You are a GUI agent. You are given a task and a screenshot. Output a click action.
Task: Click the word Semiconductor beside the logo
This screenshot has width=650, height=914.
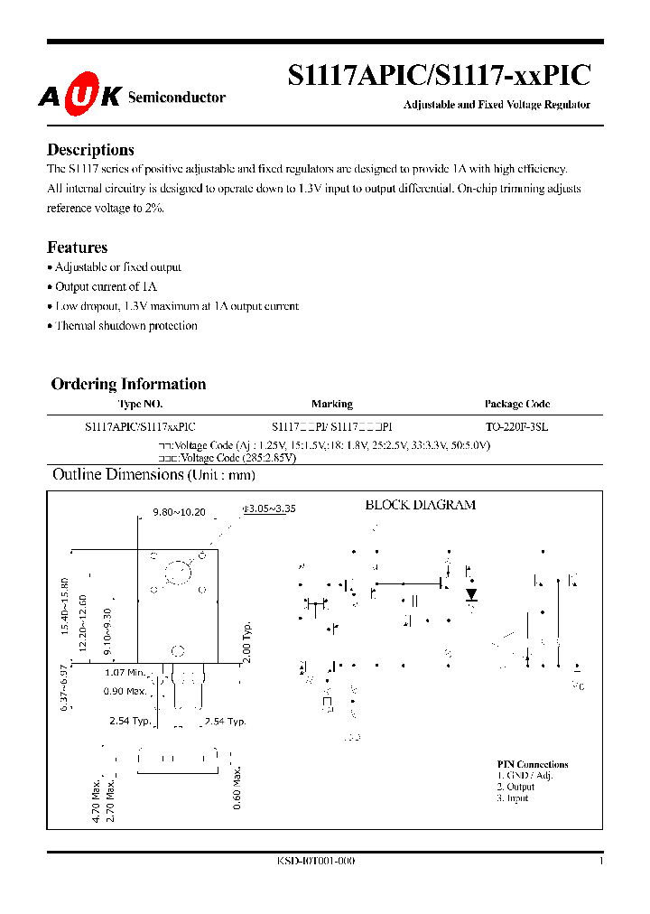click(177, 98)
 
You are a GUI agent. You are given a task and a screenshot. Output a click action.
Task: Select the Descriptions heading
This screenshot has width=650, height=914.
click(90, 150)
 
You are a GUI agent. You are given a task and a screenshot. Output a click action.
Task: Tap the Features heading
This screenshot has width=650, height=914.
click(77, 247)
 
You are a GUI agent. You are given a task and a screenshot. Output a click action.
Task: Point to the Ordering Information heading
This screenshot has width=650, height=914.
click(128, 384)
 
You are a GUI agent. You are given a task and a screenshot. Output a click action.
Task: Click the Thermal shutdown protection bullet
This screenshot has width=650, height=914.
click(125, 326)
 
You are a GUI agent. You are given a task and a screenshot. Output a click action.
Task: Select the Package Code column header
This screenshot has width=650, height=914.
click(516, 404)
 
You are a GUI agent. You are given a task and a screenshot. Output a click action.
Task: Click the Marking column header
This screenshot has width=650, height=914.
click(331, 404)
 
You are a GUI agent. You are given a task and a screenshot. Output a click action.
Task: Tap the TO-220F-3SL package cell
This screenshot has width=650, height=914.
click(516, 425)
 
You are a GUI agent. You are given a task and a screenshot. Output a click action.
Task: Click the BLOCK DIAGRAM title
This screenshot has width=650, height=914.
click(420, 505)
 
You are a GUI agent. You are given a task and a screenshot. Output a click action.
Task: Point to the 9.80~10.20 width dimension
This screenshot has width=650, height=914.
click(179, 512)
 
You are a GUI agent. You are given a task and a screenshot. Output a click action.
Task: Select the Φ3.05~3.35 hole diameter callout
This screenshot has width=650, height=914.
click(269, 508)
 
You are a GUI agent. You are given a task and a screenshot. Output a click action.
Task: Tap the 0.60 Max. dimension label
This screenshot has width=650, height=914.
click(237, 789)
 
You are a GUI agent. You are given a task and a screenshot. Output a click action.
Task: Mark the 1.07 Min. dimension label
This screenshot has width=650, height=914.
click(125, 672)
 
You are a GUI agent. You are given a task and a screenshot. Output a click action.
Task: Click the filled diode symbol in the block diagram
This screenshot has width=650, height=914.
click(470, 594)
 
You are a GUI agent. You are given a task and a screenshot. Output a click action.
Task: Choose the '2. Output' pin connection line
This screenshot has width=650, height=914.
click(515, 787)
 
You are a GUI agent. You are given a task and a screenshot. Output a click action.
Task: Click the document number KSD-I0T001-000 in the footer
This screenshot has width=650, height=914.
click(315, 862)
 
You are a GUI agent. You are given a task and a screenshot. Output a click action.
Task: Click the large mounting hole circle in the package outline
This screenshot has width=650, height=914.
click(178, 572)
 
